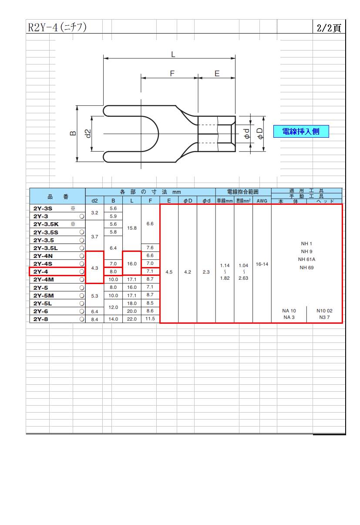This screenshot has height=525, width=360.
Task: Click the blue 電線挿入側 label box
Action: pyautogui.click(x=301, y=131)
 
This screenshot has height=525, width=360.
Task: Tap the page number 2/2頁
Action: pyautogui.click(x=329, y=28)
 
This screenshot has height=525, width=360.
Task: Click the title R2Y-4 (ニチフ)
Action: pyautogui.click(x=57, y=27)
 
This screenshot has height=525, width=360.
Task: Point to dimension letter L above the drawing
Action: pyautogui.click(x=173, y=54)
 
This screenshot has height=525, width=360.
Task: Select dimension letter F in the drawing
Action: pyautogui.click(x=172, y=73)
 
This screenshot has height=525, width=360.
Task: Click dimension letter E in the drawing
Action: pyautogui.click(x=217, y=73)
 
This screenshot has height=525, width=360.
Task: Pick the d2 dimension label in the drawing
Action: pyautogui.click(x=87, y=133)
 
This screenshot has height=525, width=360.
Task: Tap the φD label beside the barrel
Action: pyautogui.click(x=260, y=134)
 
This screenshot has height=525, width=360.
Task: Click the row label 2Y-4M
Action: pyautogui.click(x=44, y=279)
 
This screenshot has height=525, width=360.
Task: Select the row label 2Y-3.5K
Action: pyautogui.click(x=46, y=224)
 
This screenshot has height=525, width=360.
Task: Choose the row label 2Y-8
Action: pyautogui.click(x=40, y=319)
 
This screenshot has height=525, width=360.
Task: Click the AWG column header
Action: pyautogui.click(x=262, y=201)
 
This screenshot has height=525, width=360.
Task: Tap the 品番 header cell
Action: pyautogui.click(x=57, y=196)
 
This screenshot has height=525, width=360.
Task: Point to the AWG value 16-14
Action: pyautogui.click(x=262, y=264)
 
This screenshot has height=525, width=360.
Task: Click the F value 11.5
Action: pyautogui.click(x=150, y=318)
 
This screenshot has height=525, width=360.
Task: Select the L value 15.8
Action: pyautogui.click(x=131, y=228)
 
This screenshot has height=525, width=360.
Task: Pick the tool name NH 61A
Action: pyautogui.click(x=306, y=259)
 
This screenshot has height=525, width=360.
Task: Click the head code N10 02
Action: pyautogui.click(x=324, y=311)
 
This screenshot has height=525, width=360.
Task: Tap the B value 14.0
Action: pyautogui.click(x=113, y=319)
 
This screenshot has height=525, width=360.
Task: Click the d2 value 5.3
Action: pyautogui.click(x=94, y=296)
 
